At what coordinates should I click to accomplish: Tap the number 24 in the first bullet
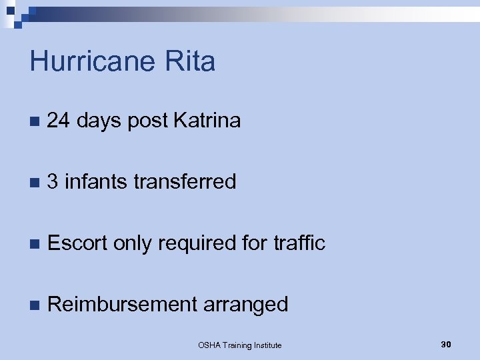point(59,121)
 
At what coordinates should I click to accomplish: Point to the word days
point(99,121)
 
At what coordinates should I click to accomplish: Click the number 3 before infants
point(53,181)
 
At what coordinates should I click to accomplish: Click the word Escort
point(77,243)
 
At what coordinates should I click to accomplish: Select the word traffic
point(299,243)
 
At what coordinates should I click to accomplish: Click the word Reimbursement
point(122,304)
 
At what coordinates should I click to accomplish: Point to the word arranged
point(245,305)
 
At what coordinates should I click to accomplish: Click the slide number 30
point(446,344)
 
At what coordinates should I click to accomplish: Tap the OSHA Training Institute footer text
point(240,345)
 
